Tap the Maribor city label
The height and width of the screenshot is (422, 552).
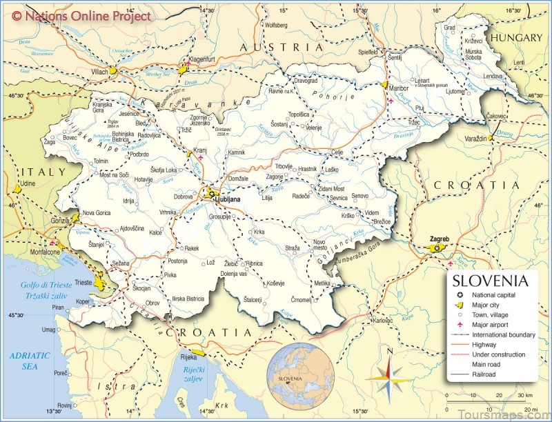pyautogui.click(x=398, y=88)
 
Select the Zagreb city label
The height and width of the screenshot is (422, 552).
pyautogui.click(x=440, y=239)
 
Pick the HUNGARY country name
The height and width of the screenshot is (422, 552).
pyautogui.click(x=517, y=38)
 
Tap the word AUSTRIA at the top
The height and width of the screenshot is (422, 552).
pyautogui.click(x=281, y=47)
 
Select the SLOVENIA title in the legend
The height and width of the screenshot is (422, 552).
pyautogui.click(x=490, y=281)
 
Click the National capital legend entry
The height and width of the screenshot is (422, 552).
pyautogui.click(x=496, y=294)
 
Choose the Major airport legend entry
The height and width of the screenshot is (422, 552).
pyautogui.click(x=493, y=324)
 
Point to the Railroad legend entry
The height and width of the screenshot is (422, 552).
pyautogui.click(x=487, y=374)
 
